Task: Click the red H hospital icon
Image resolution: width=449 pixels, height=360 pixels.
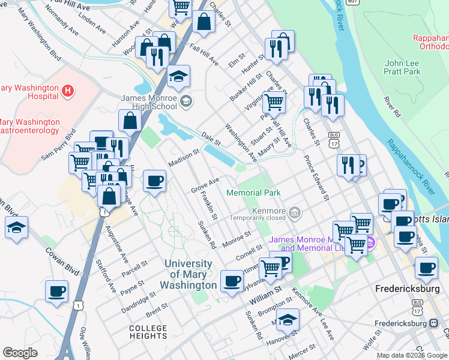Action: (x=68, y=91)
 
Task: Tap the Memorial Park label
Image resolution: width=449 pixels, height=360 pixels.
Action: (x=253, y=193)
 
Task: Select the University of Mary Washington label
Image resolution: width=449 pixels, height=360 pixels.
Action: (x=188, y=274)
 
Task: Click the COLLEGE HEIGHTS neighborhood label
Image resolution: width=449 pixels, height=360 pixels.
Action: (x=148, y=332)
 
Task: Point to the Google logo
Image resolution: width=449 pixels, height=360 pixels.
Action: (x=20, y=353)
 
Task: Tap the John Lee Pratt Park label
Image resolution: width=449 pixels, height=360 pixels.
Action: (x=411, y=67)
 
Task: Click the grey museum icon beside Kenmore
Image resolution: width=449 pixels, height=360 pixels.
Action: (x=295, y=212)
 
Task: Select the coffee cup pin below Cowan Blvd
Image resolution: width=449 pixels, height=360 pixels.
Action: (x=57, y=292)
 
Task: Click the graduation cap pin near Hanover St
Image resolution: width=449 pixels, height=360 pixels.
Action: (x=289, y=319)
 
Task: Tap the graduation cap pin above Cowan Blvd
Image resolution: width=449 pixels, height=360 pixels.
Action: (x=16, y=227)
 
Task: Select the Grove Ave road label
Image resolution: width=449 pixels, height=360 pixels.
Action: (x=205, y=184)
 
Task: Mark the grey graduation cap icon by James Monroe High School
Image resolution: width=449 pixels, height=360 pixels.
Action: (x=187, y=100)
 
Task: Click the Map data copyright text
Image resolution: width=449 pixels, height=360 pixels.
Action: (x=412, y=355)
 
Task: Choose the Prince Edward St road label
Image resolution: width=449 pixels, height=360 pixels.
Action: (x=316, y=178)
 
